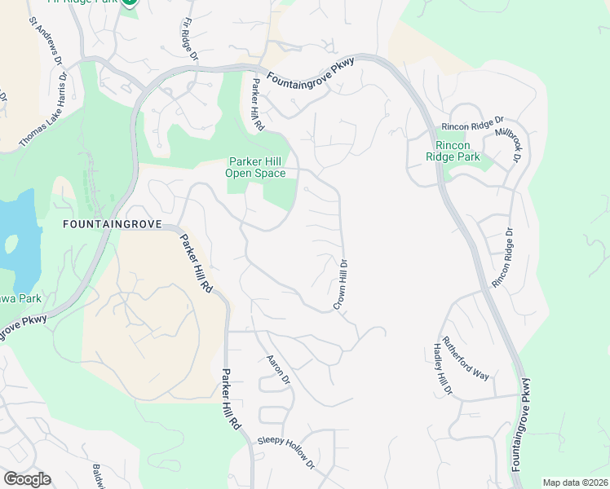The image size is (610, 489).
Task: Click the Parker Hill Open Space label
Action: tap(257, 167)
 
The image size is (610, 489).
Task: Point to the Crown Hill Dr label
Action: tap(342, 284)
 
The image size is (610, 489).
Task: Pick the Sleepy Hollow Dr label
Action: tap(286, 452)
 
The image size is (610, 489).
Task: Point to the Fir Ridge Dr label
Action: tap(188, 40)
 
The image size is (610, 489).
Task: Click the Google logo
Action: tap(27, 479)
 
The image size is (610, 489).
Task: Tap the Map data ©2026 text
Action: tap(575, 482)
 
